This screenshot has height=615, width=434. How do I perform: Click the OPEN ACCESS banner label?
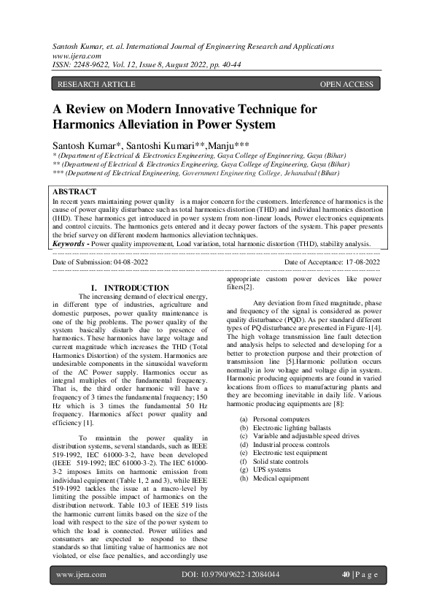tap(346, 85)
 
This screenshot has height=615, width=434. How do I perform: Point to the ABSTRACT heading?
tap(75, 191)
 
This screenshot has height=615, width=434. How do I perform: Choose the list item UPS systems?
tap(271, 470)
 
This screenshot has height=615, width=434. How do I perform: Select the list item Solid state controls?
tap(279, 461)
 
